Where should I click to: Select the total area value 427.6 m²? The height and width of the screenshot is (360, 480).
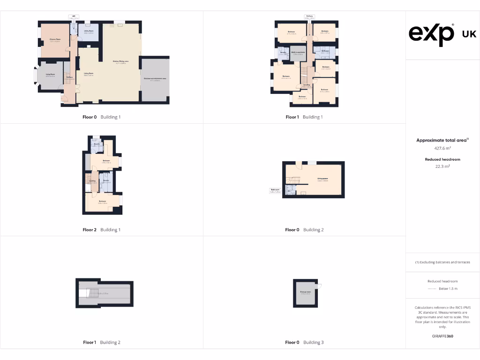click(x=442, y=148)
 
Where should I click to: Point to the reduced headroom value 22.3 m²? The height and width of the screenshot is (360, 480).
click(x=442, y=166)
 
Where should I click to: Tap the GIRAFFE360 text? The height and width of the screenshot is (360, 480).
click(x=442, y=336)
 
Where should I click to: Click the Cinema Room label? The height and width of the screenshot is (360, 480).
click(x=55, y=39)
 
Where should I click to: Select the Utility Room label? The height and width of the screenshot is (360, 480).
click(x=89, y=31)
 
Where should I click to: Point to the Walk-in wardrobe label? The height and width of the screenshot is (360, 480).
click(x=299, y=52)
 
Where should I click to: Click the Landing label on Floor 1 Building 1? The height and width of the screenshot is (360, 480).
click(x=307, y=85)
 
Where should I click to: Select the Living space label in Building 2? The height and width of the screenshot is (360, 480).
click(x=322, y=179)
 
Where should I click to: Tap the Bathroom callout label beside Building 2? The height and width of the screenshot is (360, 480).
click(x=275, y=191)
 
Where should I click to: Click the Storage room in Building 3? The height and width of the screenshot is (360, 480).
click(x=306, y=292)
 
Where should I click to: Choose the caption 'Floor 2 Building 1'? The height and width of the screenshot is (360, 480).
click(x=101, y=230)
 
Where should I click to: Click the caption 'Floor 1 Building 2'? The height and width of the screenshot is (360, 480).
click(x=101, y=342)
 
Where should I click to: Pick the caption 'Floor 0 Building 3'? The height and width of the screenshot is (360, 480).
click(x=304, y=342)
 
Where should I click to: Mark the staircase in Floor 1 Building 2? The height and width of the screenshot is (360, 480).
click(x=93, y=293)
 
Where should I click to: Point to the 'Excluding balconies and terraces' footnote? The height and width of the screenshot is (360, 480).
click(x=442, y=262)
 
